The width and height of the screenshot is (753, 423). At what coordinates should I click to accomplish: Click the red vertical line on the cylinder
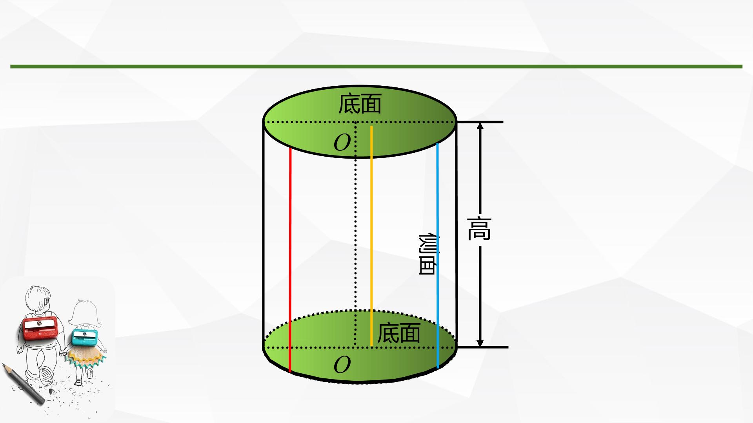[x=290, y=260]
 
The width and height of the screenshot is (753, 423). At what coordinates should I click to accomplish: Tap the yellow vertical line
[x=371, y=236]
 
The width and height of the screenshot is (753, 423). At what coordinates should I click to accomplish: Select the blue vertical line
[x=437, y=256]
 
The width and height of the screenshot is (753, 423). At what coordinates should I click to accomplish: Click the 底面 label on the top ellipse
[x=360, y=103]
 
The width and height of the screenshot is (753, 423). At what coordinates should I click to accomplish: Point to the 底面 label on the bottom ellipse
[x=398, y=333]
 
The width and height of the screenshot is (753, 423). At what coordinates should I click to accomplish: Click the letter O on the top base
[x=342, y=143]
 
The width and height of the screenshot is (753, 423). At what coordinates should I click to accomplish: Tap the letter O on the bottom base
[x=342, y=365]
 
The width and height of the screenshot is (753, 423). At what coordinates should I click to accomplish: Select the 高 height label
[x=479, y=229]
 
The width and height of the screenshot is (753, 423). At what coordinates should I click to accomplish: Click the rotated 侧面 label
[x=428, y=255]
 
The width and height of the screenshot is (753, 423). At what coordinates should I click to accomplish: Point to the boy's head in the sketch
[x=38, y=300]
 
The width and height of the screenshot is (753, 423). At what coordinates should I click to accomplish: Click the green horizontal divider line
[x=376, y=67]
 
